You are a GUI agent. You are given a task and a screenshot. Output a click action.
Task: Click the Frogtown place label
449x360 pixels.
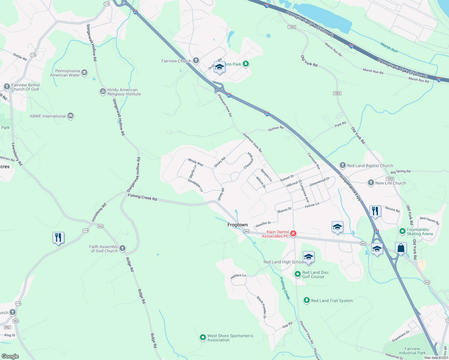click(x=237, y=225)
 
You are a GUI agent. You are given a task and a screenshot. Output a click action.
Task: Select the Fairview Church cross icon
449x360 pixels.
click(x=196, y=61)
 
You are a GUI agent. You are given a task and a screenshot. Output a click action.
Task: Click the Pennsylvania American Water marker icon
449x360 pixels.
click(x=84, y=73)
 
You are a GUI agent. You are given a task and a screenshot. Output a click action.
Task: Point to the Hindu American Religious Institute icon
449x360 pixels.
click(x=103, y=91)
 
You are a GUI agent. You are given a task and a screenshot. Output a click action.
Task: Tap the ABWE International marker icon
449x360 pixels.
click(x=71, y=116)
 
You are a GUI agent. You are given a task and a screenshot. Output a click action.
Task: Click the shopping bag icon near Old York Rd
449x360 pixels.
click(x=401, y=248)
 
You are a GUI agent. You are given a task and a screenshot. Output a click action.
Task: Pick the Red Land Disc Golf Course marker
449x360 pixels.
click(x=297, y=274)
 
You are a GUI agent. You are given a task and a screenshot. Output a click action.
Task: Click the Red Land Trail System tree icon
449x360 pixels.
click(x=306, y=300)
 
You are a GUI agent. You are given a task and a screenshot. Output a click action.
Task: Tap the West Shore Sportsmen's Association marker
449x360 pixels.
click(x=203, y=338)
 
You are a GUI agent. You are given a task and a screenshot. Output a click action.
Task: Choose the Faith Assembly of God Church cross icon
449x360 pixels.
click(x=122, y=248)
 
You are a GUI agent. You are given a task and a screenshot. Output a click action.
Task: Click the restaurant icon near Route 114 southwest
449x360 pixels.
click(x=58, y=238)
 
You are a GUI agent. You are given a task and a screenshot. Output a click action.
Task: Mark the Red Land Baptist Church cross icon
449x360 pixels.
click(x=342, y=165)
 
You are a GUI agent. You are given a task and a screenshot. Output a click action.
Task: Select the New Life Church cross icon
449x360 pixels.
click(x=371, y=183)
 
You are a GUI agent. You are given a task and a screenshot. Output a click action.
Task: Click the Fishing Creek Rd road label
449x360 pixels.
click(x=142, y=197)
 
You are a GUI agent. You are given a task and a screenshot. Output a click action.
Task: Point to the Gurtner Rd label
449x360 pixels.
click(x=276, y=128)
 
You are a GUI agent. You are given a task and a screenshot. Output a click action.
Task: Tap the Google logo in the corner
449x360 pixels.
click(x=10, y=356)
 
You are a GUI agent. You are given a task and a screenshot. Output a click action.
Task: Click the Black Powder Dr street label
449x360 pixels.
click(x=261, y=307)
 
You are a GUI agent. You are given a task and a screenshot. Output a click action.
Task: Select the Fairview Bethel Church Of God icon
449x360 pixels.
click(x=7, y=87)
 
